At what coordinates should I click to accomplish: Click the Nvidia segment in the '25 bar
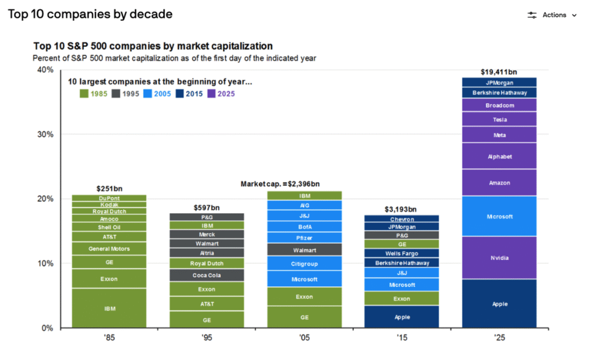[x=499, y=258]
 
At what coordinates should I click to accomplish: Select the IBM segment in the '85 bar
[x=109, y=309]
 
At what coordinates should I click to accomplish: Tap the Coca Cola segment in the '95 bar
[x=206, y=275]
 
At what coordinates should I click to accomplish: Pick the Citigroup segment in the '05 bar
[x=304, y=263]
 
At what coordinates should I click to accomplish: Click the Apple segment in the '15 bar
[x=402, y=317]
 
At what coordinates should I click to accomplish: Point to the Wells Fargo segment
[x=402, y=253]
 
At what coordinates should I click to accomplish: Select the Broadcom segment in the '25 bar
[x=499, y=105]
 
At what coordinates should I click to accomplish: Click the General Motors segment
[x=109, y=248]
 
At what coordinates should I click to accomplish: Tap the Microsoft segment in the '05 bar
[x=304, y=279]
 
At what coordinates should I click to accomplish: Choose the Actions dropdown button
[x=552, y=15]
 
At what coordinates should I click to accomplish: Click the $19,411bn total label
[x=499, y=72]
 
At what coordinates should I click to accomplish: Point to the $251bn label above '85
[x=109, y=189]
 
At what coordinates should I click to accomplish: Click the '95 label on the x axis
[x=206, y=338]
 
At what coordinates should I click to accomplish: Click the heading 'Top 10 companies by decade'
[x=90, y=14]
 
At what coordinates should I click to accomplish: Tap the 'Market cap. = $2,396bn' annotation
[x=280, y=184]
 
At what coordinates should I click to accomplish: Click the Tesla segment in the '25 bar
[x=499, y=120]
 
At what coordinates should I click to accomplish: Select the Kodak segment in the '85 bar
[x=109, y=205]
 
